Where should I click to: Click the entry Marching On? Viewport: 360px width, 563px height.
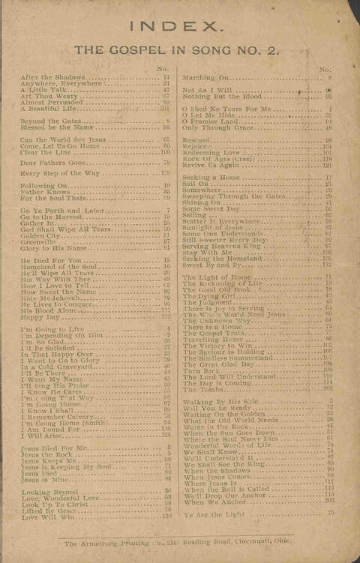coord(205,77)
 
